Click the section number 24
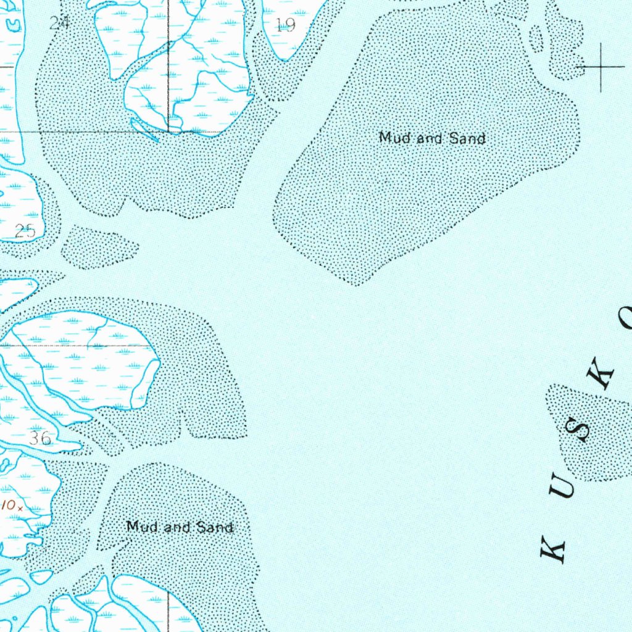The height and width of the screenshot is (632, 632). [x=59, y=23]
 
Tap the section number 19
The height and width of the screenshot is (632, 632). [x=286, y=25]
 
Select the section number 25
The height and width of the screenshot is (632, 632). [x=25, y=231]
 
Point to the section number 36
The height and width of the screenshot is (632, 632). [x=40, y=439]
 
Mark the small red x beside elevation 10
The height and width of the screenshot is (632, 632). [x=20, y=508]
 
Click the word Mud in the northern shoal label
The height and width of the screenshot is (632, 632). [x=394, y=138]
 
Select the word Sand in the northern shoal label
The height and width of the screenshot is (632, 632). [x=467, y=138]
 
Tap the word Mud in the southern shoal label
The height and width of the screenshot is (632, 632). [x=141, y=526]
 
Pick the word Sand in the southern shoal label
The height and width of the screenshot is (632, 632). [x=215, y=526]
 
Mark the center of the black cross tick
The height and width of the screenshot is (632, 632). [x=600, y=65]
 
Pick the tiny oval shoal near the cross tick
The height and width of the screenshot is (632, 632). [x=536, y=38]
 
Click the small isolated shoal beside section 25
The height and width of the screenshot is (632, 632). [x=99, y=247]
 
